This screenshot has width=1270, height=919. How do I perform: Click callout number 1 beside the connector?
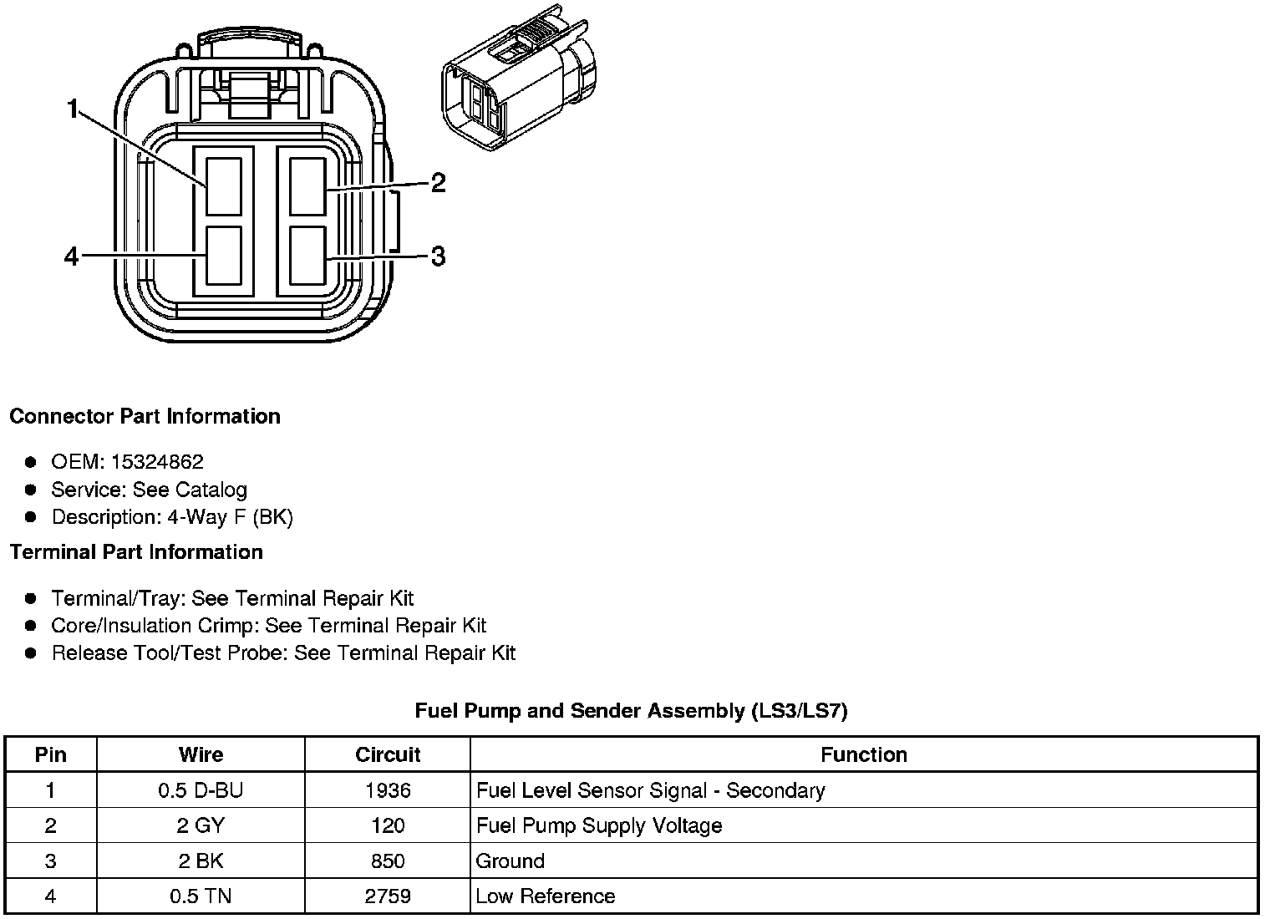(x=73, y=109)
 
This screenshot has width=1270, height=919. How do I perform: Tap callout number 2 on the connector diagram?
(x=438, y=182)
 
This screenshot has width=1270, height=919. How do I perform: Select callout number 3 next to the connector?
(x=438, y=256)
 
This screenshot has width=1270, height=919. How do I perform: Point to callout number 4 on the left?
(x=72, y=256)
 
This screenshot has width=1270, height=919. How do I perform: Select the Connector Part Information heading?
(x=145, y=416)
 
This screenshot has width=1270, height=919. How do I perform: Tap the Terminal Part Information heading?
(x=136, y=552)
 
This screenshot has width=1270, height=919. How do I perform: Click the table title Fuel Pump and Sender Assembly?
(x=631, y=711)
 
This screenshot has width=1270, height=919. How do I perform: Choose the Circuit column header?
(x=388, y=754)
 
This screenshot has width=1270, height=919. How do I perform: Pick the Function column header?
(x=863, y=754)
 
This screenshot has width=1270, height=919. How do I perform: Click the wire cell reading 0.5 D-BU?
(x=201, y=790)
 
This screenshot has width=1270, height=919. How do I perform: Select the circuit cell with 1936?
(x=388, y=790)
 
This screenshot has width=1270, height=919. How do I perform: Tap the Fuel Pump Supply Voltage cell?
(x=599, y=825)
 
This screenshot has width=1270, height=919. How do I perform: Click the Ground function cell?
(x=510, y=861)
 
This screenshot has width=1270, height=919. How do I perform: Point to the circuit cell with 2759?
(x=388, y=896)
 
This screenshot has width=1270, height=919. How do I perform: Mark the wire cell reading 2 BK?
(x=201, y=861)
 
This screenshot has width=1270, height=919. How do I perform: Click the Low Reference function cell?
(x=545, y=896)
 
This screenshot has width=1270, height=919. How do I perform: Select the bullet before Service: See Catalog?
(x=31, y=490)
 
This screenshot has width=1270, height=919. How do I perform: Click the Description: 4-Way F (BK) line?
(x=172, y=517)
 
